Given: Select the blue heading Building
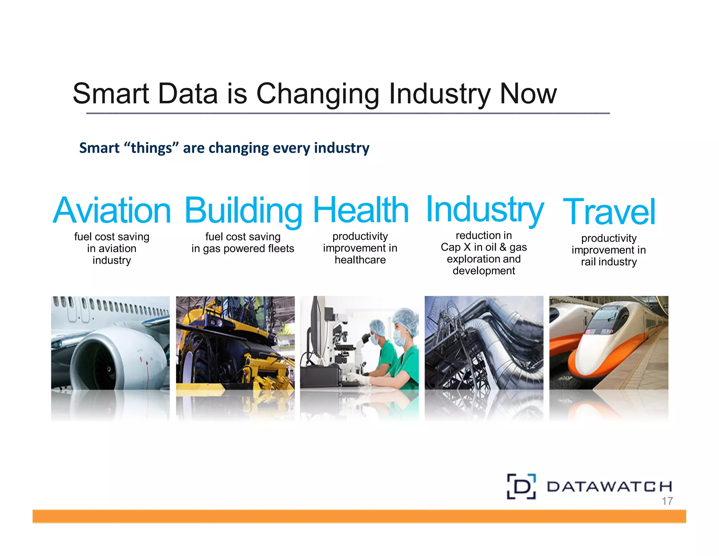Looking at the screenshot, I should coord(243,211).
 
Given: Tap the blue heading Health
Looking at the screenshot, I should coord(361,210).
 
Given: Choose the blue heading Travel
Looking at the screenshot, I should coord(609,212).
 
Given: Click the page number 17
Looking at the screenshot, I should coord(667,501).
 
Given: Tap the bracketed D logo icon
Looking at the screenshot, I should coord(521,486).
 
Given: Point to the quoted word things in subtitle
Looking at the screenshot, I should coord(151,148).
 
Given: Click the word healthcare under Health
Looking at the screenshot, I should coord(360,260).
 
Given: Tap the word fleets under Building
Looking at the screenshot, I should coord(281,248).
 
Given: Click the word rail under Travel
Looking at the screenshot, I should coord(588,262).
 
